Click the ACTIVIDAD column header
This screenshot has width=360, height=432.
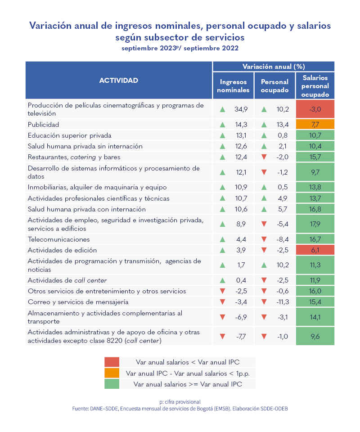coord(118,81)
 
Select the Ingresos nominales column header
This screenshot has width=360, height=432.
coord(233,86)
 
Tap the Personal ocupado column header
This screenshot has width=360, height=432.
coord(274,86)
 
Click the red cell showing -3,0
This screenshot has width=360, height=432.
coord(315,109)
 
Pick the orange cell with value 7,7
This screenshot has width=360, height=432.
coord(315,124)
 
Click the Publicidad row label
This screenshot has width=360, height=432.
coord(43,124)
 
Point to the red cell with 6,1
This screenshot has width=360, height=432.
coord(315,250)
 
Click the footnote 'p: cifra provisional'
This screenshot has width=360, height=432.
coord(180,401)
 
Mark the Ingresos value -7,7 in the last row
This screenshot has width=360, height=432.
coord(241,336)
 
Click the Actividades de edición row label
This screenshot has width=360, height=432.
coord(62,250)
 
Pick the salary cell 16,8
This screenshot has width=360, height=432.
coord(315,209)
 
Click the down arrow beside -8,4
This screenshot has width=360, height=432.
coord(264,239)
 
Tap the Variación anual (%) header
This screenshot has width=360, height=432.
coord(274,66)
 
